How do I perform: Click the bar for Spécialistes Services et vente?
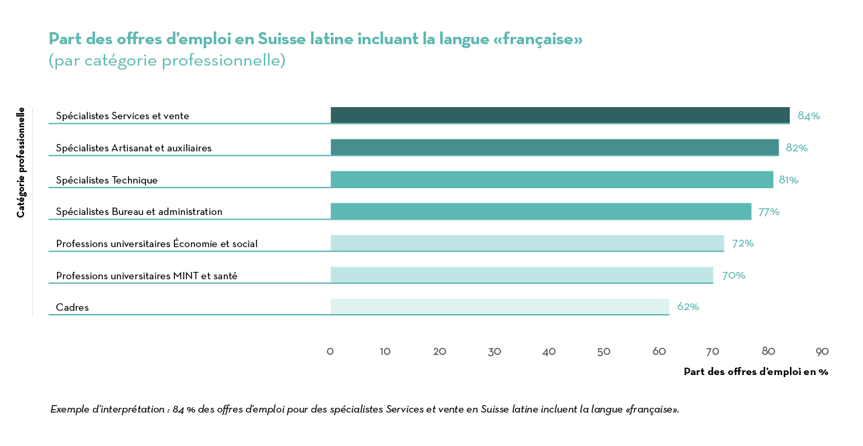pyautogui.click(x=559, y=115)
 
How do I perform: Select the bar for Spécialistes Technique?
pyautogui.click(x=551, y=179)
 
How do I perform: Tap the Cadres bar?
pyautogui.click(x=500, y=307)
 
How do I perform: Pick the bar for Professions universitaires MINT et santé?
pyautogui.click(x=521, y=275)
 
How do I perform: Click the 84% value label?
pyautogui.click(x=809, y=116)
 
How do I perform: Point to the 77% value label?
pyautogui.click(x=769, y=212)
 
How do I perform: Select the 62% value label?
pyautogui.click(x=688, y=307)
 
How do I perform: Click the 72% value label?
pyautogui.click(x=742, y=243)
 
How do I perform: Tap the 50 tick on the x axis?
pyautogui.click(x=604, y=352)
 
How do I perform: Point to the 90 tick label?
pyautogui.click(x=822, y=352)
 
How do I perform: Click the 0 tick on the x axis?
pyautogui.click(x=330, y=352)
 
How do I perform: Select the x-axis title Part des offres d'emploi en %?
pyautogui.click(x=756, y=372)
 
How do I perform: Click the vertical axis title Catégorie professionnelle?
pyautogui.click(x=21, y=163)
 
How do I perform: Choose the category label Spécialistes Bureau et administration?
pyautogui.click(x=139, y=212)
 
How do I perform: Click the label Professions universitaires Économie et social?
pyautogui.click(x=157, y=244)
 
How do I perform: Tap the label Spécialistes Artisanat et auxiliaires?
pyautogui.click(x=133, y=148)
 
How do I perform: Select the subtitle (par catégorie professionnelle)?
pyautogui.click(x=167, y=60)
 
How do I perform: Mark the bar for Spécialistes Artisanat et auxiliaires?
pyautogui.click(x=554, y=147)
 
